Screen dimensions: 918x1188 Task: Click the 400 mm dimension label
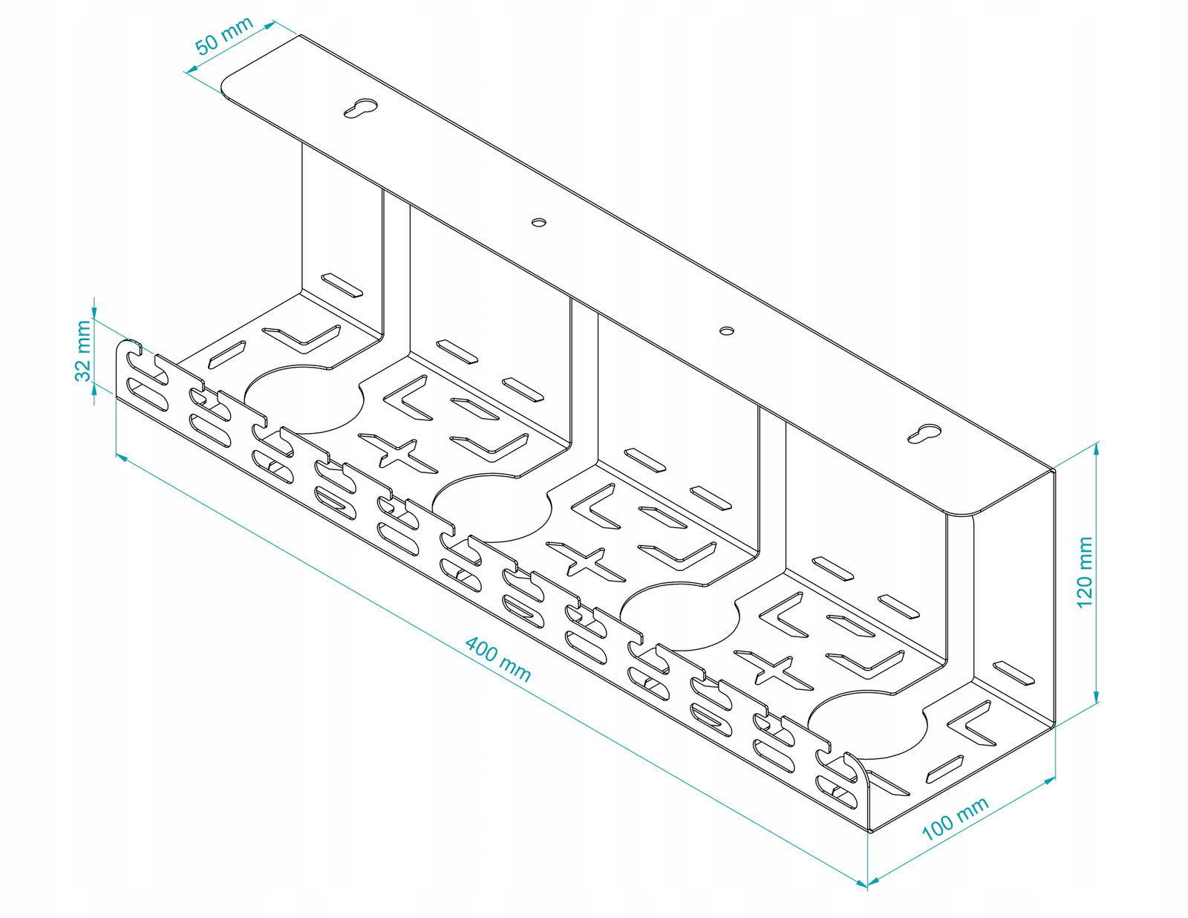(498, 658)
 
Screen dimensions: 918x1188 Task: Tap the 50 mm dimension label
(223, 36)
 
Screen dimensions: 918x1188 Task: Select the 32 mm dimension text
(83, 350)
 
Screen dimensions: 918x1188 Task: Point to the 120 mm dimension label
(1085, 571)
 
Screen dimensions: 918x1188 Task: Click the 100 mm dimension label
(955, 818)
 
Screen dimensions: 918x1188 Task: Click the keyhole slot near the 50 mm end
(361, 108)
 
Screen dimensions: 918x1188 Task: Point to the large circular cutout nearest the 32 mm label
(304, 399)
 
